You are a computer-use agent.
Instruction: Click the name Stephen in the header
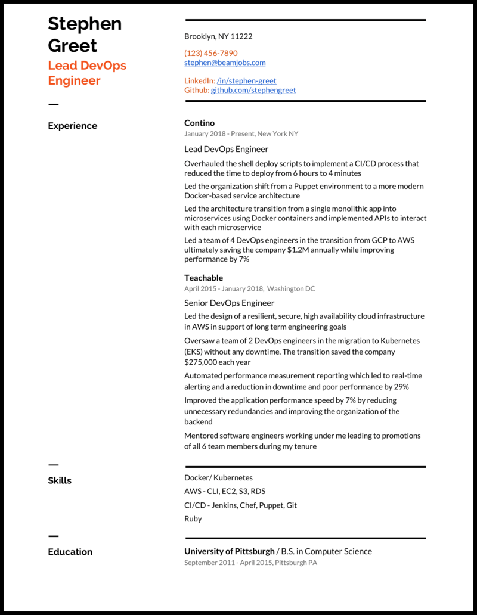pyautogui.click(x=85, y=24)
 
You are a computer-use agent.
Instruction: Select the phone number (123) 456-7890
pyautogui.click(x=210, y=53)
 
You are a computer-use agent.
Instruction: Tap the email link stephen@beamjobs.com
pyautogui.click(x=225, y=62)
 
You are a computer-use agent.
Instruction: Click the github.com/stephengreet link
pyautogui.click(x=253, y=90)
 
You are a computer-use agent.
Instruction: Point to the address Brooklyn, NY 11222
pyautogui.click(x=218, y=36)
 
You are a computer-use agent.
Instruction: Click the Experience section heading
pyautogui.click(x=72, y=126)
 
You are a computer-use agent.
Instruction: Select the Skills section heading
pyautogui.click(x=60, y=480)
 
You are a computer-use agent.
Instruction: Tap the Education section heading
pyautogui.click(x=70, y=552)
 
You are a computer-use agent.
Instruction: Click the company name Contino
pyautogui.click(x=199, y=123)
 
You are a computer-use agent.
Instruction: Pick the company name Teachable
pyautogui.click(x=203, y=278)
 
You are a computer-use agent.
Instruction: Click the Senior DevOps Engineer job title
pyautogui.click(x=229, y=303)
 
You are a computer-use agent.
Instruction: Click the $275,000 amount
pyautogui.click(x=202, y=362)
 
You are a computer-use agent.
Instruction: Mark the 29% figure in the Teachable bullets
pyautogui.click(x=401, y=387)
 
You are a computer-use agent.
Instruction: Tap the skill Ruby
pyautogui.click(x=193, y=518)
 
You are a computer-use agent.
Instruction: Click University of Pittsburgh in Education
pyautogui.click(x=229, y=551)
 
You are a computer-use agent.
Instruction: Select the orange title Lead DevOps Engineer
pyautogui.click(x=87, y=73)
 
